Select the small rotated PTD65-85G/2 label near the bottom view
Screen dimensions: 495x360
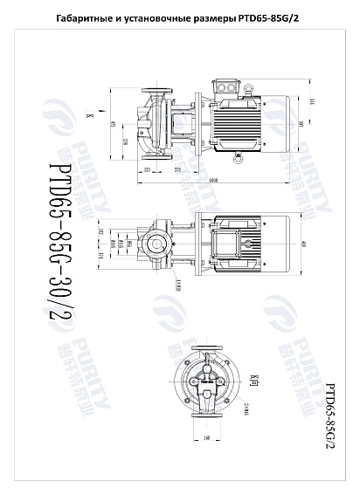tap(329, 415)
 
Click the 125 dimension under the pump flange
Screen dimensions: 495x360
tap(148, 168)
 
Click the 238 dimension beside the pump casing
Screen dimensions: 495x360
tap(124, 138)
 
